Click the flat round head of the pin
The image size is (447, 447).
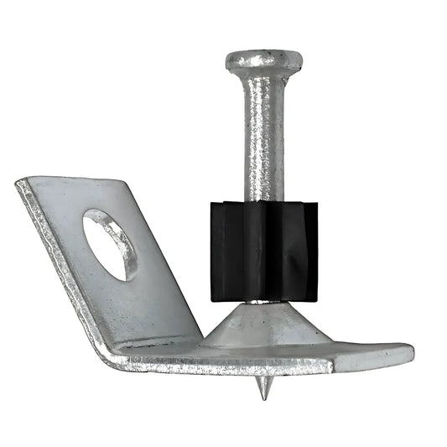263,60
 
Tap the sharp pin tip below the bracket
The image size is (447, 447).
263,388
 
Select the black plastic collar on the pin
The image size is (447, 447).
263,251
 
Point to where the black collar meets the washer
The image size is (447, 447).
263,300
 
